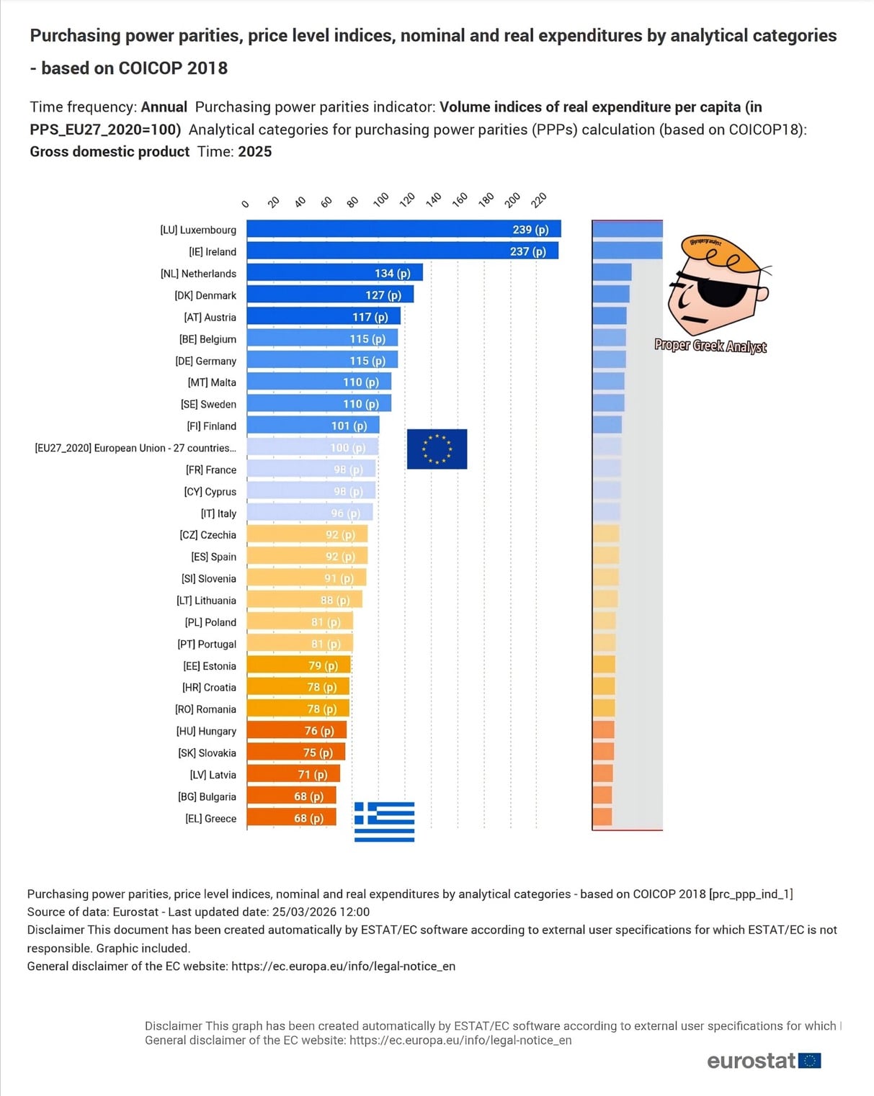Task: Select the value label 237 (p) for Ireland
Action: [x=527, y=251]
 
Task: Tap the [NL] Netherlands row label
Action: [x=198, y=274]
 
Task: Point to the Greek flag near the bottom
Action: [x=384, y=822]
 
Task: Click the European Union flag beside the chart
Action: [x=437, y=449]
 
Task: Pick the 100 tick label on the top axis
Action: [x=381, y=199]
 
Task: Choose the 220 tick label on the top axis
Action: [x=539, y=199]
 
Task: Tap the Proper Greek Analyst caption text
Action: [x=710, y=346]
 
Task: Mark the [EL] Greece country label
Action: [x=210, y=819]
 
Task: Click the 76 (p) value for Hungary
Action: [x=319, y=731]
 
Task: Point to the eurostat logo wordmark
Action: [x=751, y=1061]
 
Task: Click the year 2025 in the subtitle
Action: [x=254, y=152]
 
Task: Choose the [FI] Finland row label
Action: [x=211, y=426]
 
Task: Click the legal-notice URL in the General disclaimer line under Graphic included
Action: [x=343, y=966]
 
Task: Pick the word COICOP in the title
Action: [x=150, y=68]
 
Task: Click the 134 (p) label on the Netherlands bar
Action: [x=392, y=274]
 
